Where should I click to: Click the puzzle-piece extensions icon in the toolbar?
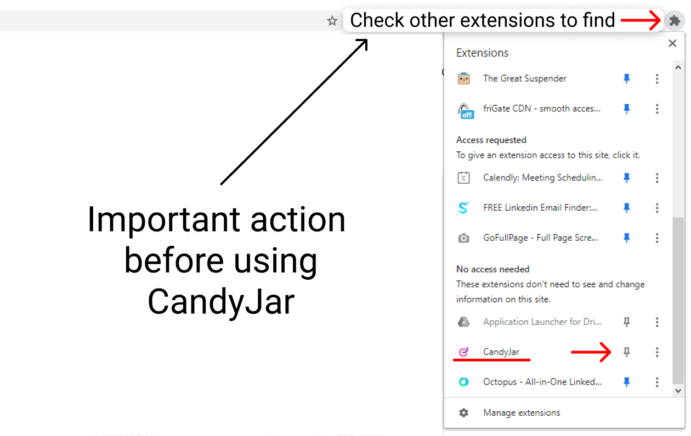pos(675,21)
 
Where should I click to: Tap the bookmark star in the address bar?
pos(332,21)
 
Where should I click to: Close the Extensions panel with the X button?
pos(672,43)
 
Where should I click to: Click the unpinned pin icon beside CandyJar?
pos(626,352)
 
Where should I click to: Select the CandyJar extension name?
pos(501,352)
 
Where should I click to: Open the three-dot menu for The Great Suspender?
pos(657,78)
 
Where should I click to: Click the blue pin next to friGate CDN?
pos(626,109)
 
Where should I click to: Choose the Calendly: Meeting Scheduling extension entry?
pos(542,178)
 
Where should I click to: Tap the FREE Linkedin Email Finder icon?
pos(463,208)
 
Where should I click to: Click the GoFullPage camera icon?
pos(463,238)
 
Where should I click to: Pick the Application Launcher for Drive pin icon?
pos(626,322)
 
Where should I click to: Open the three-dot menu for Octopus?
pos(657,382)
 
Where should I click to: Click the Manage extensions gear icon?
pos(463,412)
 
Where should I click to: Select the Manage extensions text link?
pos(522,412)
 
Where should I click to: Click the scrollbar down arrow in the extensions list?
pos(678,390)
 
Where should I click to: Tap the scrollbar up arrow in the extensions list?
pos(678,67)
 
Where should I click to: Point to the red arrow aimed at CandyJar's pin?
pos(591,352)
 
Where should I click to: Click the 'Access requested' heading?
pos(491,140)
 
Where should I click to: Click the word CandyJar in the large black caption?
pos(221,302)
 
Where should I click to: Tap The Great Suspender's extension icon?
pos(463,78)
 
